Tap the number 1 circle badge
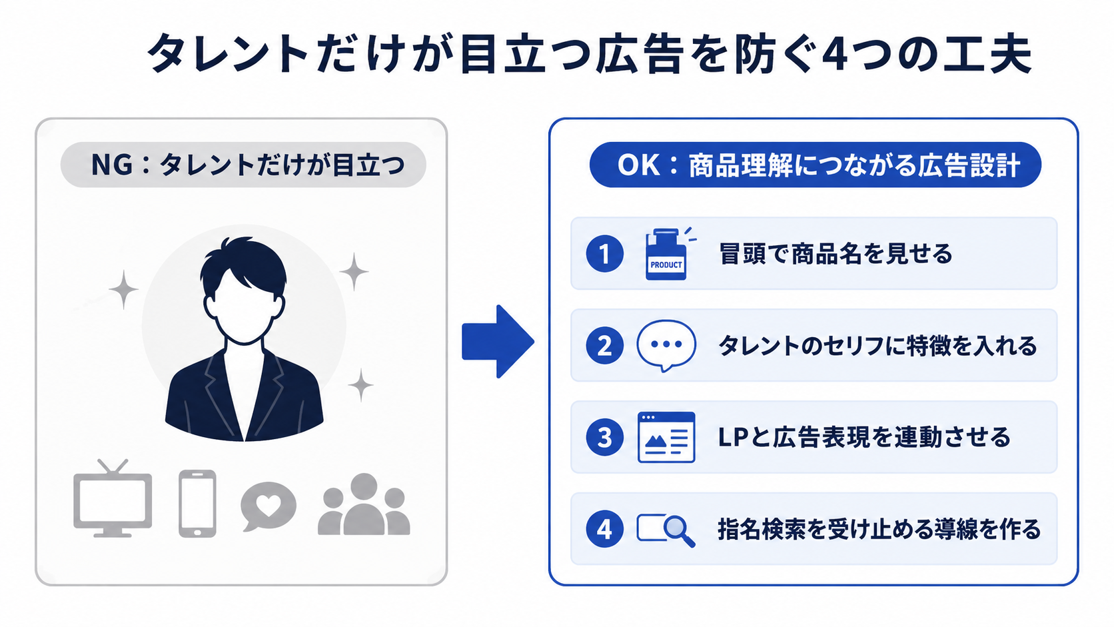tap(605, 254)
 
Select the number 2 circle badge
tap(605, 346)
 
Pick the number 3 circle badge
tap(605, 438)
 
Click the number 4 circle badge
tap(605, 529)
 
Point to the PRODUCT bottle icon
tap(666, 254)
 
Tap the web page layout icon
tap(666, 438)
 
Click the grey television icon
tap(113, 498)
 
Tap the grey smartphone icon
tap(197, 503)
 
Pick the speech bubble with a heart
tap(268, 506)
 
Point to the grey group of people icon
tap(364, 504)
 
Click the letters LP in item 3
tap(733, 438)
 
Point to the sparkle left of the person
tap(123, 290)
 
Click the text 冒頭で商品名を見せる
tap(835, 254)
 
